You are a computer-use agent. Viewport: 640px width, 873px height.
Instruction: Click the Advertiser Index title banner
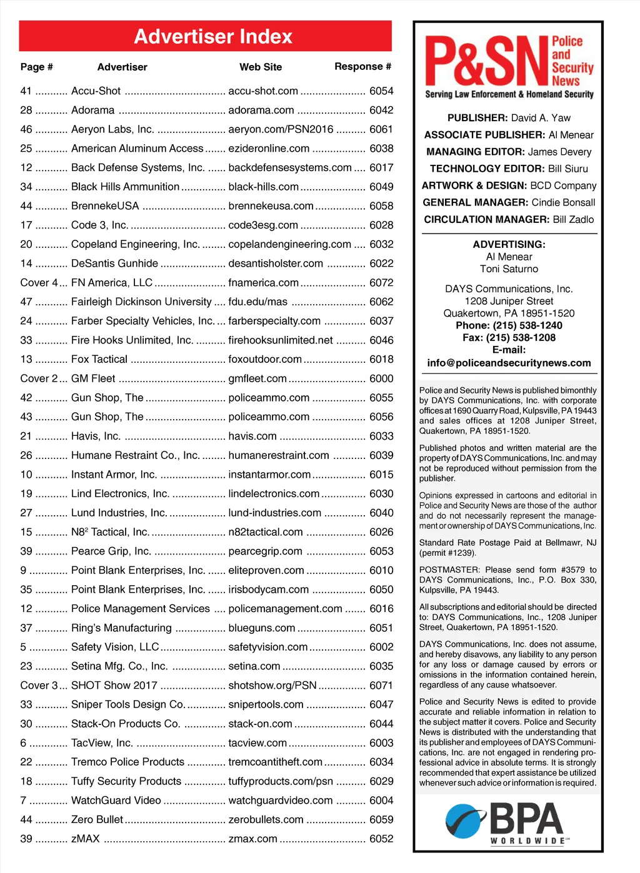coord(212,36)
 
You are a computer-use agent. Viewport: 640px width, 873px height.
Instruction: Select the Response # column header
coord(362,66)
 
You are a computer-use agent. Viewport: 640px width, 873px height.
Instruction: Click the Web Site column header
coord(261,67)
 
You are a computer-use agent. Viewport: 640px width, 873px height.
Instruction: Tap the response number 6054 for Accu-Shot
coord(381,91)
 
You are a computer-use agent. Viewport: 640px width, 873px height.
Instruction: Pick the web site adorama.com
coord(261,111)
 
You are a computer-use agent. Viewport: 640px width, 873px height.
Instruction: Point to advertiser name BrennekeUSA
coord(105,206)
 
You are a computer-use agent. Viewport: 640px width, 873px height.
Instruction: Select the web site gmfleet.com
coord(257,379)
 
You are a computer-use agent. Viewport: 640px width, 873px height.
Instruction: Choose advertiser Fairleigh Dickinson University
coord(141,302)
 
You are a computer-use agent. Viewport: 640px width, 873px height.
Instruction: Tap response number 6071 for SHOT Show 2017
coord(381,686)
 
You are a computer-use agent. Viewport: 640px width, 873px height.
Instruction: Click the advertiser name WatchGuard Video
coord(116,801)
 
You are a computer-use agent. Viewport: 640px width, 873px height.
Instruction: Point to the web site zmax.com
coord(252,839)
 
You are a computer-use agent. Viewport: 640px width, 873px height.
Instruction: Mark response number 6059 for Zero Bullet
coord(381,820)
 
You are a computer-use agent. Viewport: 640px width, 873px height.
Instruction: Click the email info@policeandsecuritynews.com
coord(509,363)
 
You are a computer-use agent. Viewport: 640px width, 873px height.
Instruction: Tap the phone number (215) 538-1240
coord(527,325)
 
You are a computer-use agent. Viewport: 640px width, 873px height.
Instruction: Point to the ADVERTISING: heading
coord(509,245)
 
